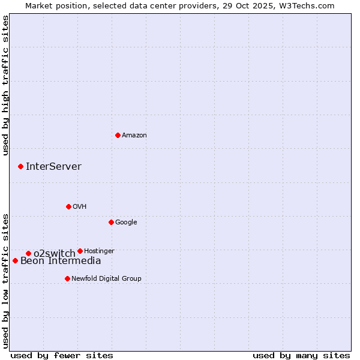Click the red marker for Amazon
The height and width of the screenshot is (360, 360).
click(x=118, y=135)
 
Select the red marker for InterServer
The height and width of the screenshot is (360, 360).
click(x=20, y=166)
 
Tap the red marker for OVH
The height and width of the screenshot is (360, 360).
click(x=68, y=206)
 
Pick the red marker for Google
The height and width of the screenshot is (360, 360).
click(x=111, y=222)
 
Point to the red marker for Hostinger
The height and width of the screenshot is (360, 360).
click(x=80, y=251)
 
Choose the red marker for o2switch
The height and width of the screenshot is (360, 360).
click(x=28, y=253)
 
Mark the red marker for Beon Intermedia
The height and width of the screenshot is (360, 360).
click(x=15, y=260)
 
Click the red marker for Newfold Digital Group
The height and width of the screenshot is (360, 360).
click(x=67, y=278)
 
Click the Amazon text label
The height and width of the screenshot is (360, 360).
click(x=134, y=136)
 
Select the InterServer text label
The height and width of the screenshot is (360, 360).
click(x=53, y=167)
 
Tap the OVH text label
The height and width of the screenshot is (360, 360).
click(x=80, y=207)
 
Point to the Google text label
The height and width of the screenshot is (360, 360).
click(x=126, y=223)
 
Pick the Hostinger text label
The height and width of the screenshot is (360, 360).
click(x=99, y=251)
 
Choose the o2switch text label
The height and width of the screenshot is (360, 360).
click(x=54, y=253)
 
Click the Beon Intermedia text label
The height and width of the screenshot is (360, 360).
click(x=61, y=261)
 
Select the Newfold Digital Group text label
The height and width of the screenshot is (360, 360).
click(x=106, y=278)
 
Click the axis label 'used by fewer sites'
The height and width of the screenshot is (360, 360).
click(x=62, y=355)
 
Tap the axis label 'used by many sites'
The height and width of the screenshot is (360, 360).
click(x=301, y=355)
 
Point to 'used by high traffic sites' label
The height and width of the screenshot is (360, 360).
click(x=5, y=85)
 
